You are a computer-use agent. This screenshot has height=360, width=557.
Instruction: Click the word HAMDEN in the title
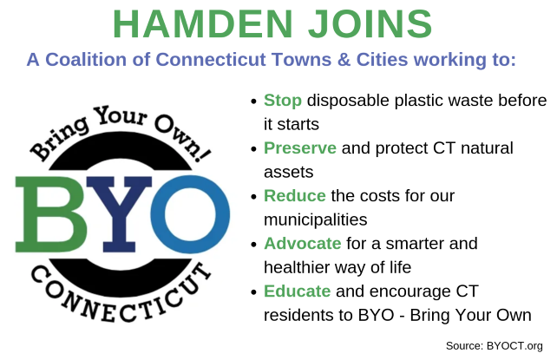tap(203, 24)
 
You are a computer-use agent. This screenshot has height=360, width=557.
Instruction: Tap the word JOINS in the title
tap(370, 24)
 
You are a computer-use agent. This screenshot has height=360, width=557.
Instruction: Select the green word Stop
tap(283, 101)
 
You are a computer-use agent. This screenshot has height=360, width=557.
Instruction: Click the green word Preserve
tap(300, 148)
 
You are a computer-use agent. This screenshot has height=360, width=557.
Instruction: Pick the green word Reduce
tap(295, 196)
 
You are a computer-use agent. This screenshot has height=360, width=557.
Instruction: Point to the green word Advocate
tap(303, 244)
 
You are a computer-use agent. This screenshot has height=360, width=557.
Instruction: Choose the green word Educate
tap(298, 291)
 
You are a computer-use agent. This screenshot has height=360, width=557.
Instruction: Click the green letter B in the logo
tap(51, 214)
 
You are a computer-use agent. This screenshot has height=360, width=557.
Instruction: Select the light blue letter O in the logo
tap(190, 214)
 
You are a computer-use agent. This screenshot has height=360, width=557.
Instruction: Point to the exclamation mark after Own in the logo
tap(203, 153)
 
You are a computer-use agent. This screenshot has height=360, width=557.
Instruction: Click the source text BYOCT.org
tap(514, 346)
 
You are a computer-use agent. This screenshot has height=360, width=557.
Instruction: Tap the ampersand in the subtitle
tap(344, 60)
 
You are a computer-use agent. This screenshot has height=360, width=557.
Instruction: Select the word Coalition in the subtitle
tap(86, 60)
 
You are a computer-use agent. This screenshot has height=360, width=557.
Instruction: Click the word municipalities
tap(316, 219)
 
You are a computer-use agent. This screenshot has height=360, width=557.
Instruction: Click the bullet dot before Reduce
tap(253, 197)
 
